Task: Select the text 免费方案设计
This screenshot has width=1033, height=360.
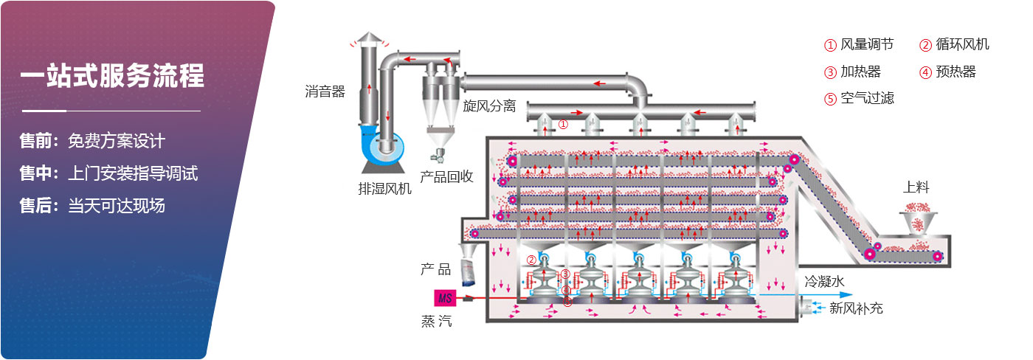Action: click(x=117, y=141)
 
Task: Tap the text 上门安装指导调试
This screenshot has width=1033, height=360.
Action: click(x=133, y=173)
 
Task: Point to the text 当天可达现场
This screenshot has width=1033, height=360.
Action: click(x=117, y=206)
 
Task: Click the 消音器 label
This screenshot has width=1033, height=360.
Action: click(x=325, y=92)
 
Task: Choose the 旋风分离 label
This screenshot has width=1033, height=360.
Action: click(x=489, y=106)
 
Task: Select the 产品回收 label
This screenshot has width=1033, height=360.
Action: click(x=446, y=177)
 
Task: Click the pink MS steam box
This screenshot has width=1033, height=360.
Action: click(x=446, y=298)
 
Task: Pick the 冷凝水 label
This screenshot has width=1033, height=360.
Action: click(x=823, y=280)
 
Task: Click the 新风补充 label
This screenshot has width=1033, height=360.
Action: click(x=856, y=308)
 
